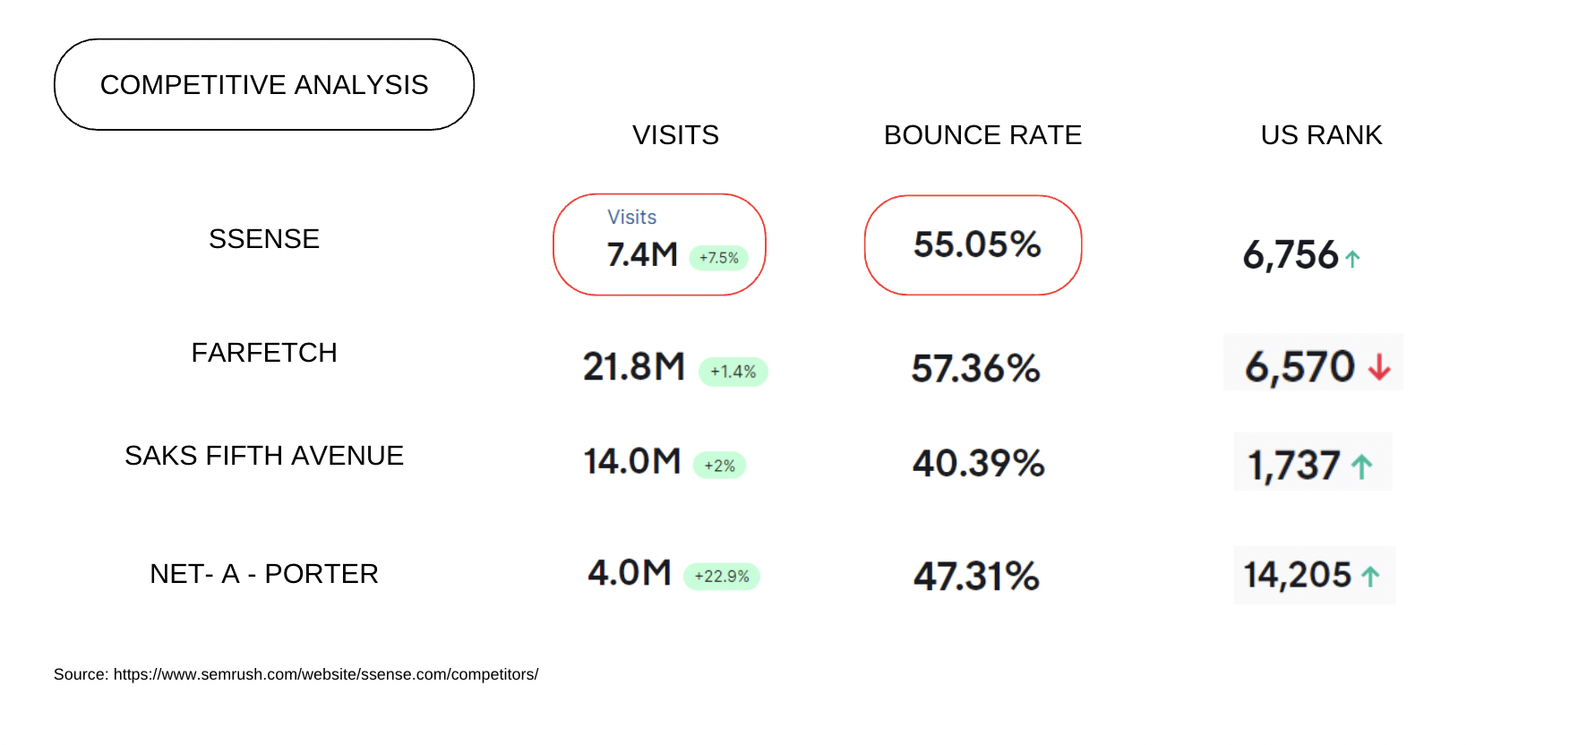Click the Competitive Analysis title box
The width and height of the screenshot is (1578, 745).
264,85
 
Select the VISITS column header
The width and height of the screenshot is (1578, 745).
675,135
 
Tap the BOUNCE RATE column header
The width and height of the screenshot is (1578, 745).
982,135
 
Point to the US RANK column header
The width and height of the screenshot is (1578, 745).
1321,135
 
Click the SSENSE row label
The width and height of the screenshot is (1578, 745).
264,239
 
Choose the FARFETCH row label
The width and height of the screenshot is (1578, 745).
264,353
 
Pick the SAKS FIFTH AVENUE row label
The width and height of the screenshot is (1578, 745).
264,456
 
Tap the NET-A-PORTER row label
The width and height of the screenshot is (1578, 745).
264,574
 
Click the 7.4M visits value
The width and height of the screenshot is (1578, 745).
642,255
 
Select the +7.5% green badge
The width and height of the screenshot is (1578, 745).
718,258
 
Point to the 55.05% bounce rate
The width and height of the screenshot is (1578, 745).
977,244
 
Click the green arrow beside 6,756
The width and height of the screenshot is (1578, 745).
1352,260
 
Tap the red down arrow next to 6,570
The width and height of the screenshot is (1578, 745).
1379,366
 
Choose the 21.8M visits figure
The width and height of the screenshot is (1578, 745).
634,367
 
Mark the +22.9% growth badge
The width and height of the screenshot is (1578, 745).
722,577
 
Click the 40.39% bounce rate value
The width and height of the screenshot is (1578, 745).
978,464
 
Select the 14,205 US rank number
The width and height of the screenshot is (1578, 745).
1298,575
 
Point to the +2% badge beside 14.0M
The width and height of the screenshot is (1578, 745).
719,466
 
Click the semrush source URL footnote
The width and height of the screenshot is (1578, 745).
296,674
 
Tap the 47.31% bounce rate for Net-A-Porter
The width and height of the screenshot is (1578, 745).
976,577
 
